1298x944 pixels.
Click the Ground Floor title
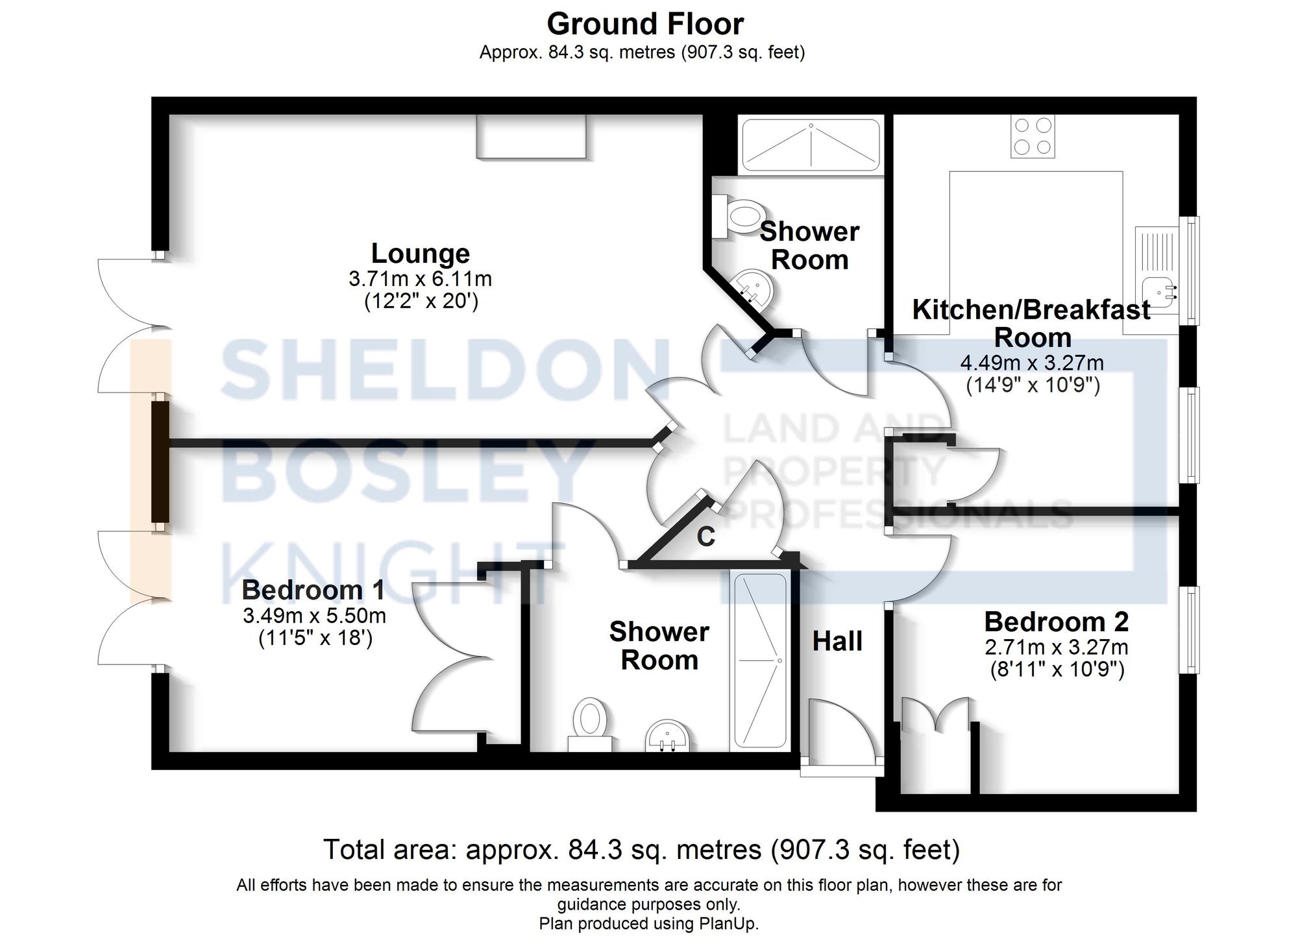click(644, 25)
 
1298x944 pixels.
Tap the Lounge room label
click(420, 253)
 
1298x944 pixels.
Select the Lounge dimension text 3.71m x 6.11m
click(420, 279)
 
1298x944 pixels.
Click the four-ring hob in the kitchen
click(1032, 136)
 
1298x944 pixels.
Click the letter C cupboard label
click(705, 537)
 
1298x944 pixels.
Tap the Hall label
click(837, 641)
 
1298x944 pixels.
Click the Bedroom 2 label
click(1056, 622)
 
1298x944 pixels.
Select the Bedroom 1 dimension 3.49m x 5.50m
click(314, 615)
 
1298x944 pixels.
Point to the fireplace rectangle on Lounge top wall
click(531, 136)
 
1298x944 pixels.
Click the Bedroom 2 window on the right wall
click(1189, 629)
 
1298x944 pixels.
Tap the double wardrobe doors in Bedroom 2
click(935, 717)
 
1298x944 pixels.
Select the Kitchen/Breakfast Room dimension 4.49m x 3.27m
click(1032, 362)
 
